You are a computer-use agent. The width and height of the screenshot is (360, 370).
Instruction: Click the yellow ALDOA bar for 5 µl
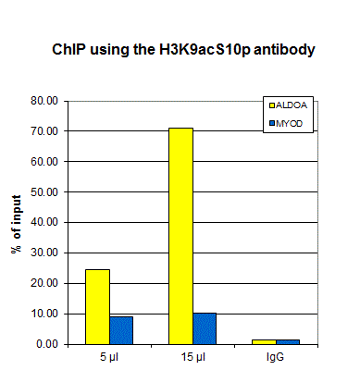(97, 307)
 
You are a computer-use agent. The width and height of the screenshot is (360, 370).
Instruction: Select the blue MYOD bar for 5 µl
(121, 330)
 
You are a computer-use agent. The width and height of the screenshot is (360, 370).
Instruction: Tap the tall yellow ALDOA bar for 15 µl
(180, 236)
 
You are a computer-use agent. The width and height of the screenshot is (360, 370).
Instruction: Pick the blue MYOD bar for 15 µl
(205, 328)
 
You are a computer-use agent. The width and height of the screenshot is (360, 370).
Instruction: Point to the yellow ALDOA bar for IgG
(264, 342)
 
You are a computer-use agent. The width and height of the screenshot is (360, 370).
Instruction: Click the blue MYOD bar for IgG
(288, 342)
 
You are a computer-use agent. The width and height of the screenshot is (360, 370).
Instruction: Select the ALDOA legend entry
(288, 105)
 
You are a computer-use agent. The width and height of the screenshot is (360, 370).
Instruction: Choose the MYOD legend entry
(286, 124)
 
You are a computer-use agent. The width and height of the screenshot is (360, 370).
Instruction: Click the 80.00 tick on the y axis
(44, 101)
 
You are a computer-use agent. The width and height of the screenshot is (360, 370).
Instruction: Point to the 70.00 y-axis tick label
(44, 131)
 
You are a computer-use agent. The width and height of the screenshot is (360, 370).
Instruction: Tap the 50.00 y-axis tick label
(44, 191)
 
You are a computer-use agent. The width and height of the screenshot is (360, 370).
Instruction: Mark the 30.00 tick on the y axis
(44, 253)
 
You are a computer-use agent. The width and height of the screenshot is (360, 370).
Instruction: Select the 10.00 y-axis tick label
(44, 314)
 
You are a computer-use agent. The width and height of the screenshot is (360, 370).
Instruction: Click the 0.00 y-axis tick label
(47, 344)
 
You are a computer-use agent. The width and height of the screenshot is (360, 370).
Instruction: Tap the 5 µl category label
(109, 357)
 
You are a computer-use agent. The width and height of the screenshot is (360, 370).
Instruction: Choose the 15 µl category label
(193, 357)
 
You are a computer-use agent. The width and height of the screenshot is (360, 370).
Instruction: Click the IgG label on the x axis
(275, 357)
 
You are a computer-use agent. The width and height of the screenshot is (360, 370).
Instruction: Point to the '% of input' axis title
(16, 224)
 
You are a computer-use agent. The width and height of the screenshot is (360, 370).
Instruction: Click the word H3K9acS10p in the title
(205, 50)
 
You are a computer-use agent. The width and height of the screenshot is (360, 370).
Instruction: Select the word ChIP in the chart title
(68, 49)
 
